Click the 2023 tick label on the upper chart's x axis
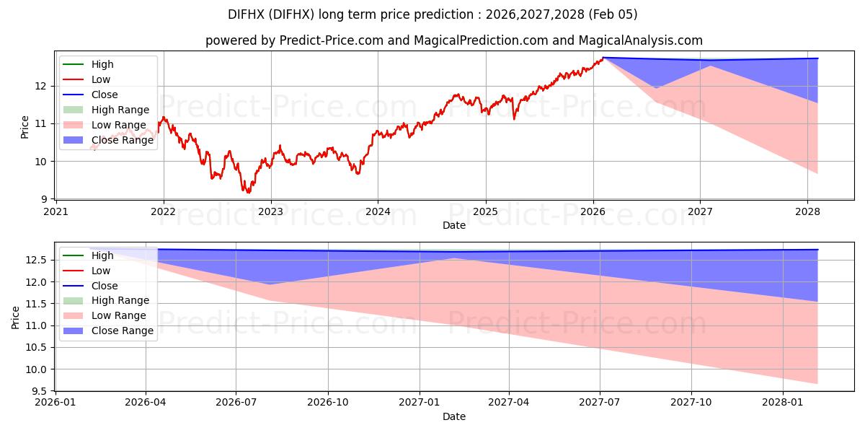click(271, 211)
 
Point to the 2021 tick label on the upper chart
click(56, 211)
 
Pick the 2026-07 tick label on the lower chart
click(236, 403)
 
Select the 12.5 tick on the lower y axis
click(39, 260)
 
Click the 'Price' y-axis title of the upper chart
click(25, 127)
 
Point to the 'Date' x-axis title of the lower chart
click(454, 416)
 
